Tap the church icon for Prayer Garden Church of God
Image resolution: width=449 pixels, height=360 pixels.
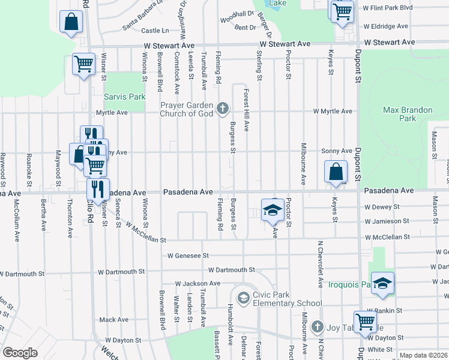coord(223,109)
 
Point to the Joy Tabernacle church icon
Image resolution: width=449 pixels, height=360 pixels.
coord(318,327)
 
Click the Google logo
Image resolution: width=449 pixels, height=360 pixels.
coord(20,353)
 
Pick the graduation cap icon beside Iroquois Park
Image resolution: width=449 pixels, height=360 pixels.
coord(381,283)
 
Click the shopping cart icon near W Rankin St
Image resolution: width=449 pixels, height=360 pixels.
coord(365,322)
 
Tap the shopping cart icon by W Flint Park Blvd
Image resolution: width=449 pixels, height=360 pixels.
coord(342,11)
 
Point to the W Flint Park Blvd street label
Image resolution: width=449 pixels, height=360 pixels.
coord(388,8)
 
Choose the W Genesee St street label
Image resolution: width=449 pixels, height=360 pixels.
coord(188,256)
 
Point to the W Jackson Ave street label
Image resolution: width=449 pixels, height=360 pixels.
coord(197,283)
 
